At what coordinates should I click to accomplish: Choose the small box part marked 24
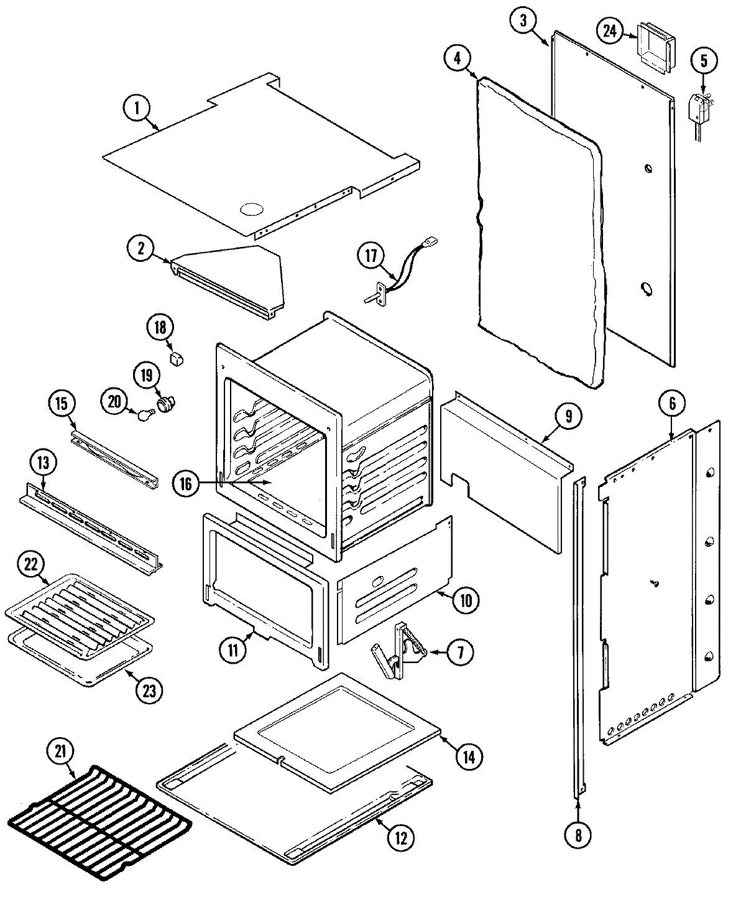[654, 46]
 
